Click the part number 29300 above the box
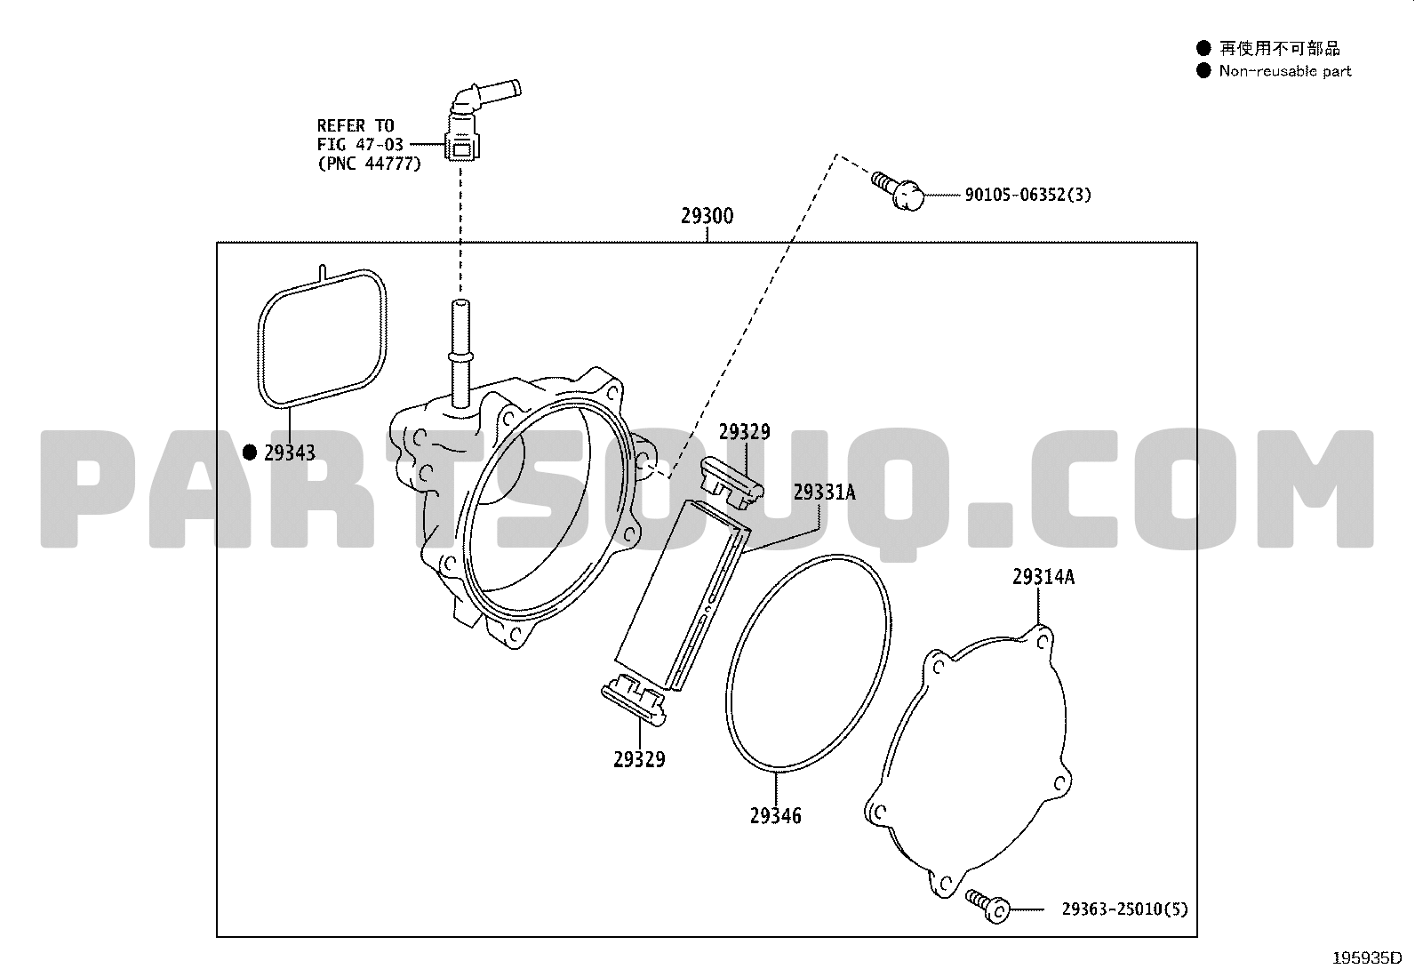[707, 216]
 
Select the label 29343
[290, 452]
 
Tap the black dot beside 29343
[250, 452]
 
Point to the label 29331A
[824, 492]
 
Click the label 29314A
[1043, 576]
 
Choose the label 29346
[776, 816]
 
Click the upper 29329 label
[745, 432]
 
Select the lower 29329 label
[639, 759]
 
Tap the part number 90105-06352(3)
[1027, 195]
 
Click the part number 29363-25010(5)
[1124, 909]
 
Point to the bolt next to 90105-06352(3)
[898, 190]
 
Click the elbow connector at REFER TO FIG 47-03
[479, 120]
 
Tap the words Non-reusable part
[1285, 71]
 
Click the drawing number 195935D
[1367, 958]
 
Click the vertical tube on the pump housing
[460, 353]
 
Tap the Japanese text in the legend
[1279, 48]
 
